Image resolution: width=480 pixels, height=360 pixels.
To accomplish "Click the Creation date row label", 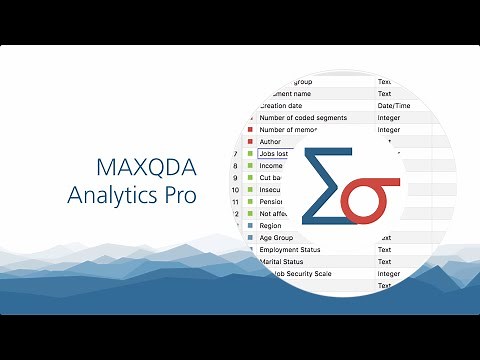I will (x=281, y=105).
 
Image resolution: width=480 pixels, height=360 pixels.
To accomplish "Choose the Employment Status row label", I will (x=296, y=249).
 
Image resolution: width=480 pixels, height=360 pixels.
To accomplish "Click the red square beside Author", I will (x=249, y=142).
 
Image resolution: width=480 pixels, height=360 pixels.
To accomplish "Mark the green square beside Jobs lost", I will (x=249, y=155).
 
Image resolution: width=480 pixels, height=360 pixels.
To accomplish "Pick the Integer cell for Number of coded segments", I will (x=390, y=117).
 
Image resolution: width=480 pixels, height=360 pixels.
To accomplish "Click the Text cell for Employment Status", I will (x=385, y=249).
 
